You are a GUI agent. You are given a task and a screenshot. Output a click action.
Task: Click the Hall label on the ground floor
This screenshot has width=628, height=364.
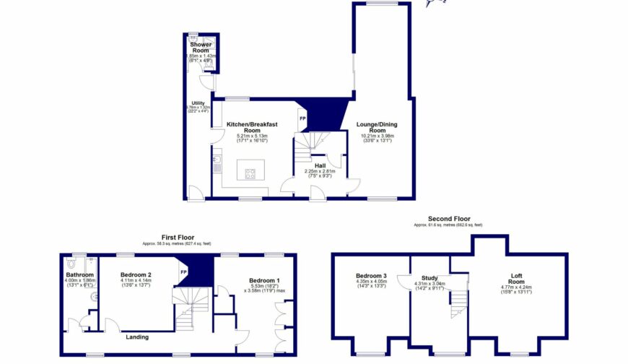[319, 165]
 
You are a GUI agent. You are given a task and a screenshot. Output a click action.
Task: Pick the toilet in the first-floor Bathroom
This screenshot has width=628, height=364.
[71, 264]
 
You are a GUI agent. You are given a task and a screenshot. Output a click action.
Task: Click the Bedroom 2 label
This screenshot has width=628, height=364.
[135, 275]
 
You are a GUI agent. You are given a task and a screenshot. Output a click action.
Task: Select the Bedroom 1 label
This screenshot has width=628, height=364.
[264, 280]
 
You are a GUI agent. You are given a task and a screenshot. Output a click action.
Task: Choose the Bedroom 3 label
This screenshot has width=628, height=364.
[371, 276]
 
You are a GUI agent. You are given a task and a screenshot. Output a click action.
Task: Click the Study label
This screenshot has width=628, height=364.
[429, 277]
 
